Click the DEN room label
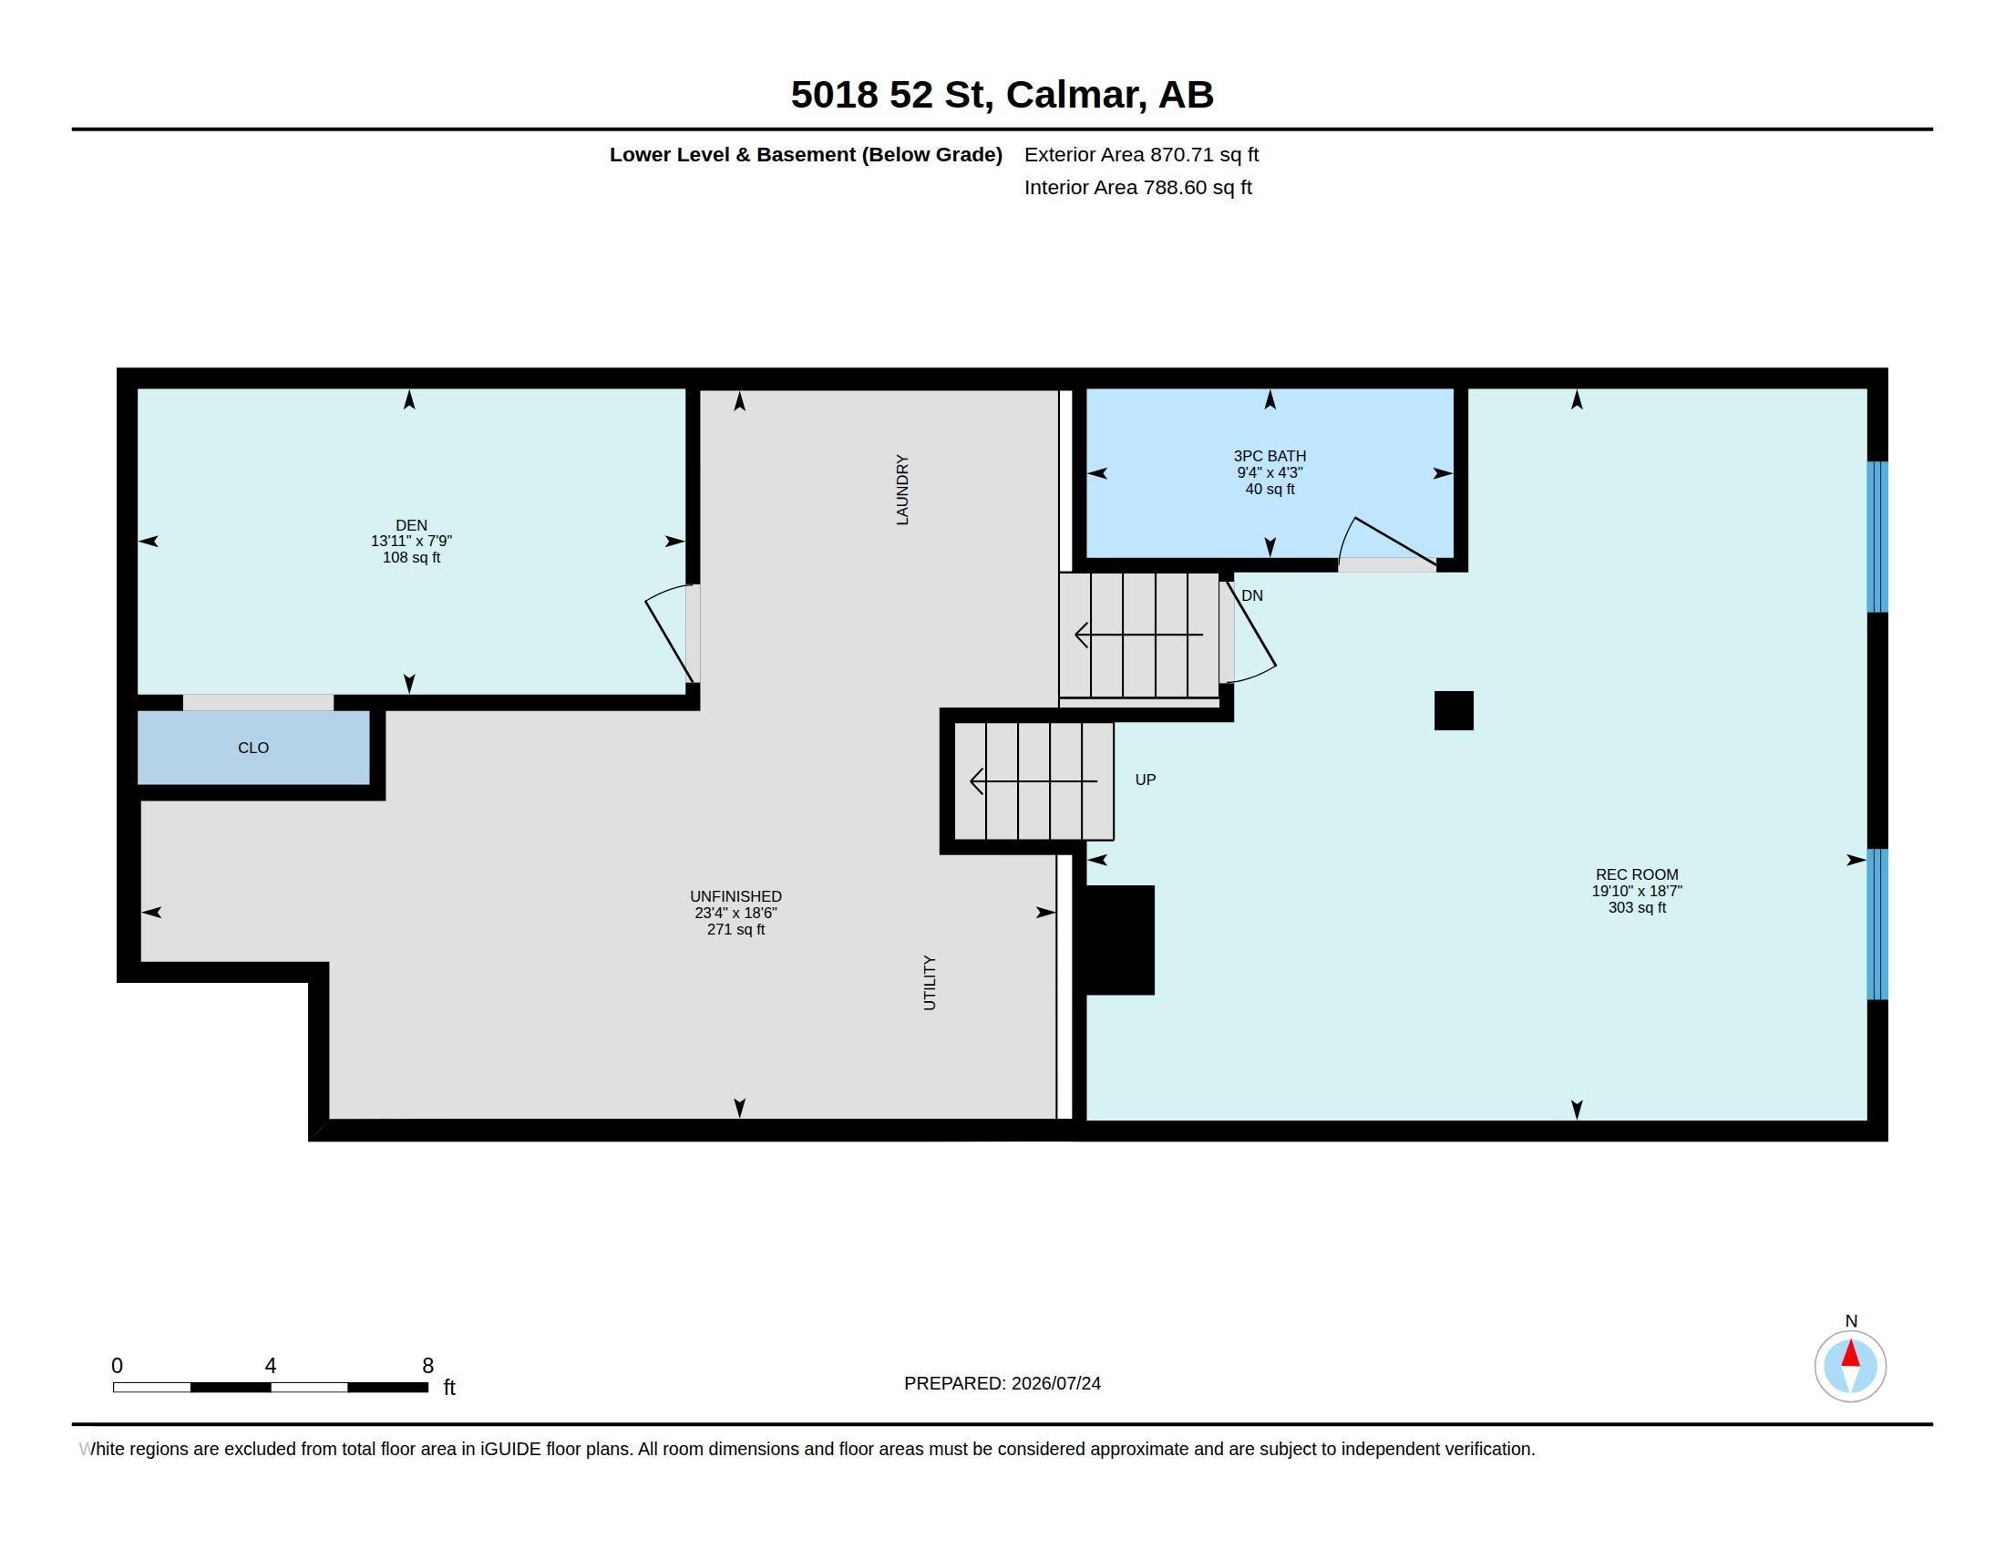point(411,525)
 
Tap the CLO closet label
point(253,748)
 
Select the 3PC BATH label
point(1270,456)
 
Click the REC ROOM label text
point(1637,874)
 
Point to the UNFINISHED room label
point(736,896)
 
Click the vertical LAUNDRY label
point(902,490)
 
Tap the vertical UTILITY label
point(929,983)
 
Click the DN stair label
point(1252,595)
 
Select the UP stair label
point(1146,780)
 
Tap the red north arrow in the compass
point(1851,1352)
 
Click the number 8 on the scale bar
point(427,1366)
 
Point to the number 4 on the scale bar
point(271,1366)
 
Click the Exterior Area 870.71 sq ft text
point(1141,154)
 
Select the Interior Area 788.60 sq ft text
point(1137,187)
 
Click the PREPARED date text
point(1002,1383)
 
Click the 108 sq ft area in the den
point(411,557)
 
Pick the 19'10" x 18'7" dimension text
point(1637,891)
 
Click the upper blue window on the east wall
point(1877,536)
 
